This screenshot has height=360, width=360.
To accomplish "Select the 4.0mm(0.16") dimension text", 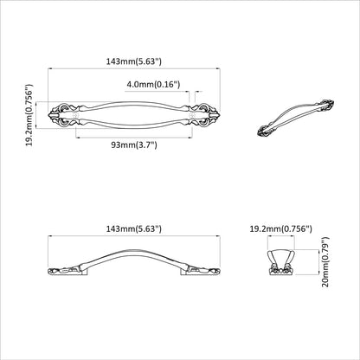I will tap(152, 85).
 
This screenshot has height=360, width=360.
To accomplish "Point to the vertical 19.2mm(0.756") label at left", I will tap(30, 115).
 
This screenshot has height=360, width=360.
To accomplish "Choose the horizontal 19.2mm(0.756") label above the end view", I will tap(280, 228).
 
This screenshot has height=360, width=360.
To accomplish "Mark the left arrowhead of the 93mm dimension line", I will tap(79, 136).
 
